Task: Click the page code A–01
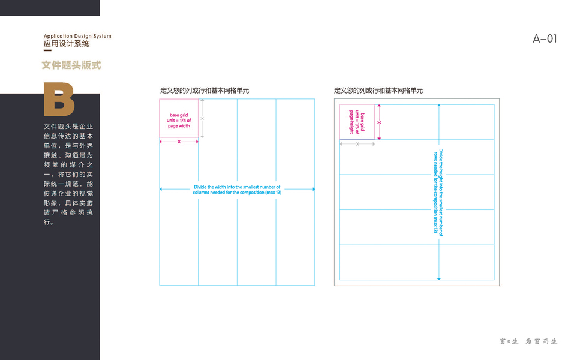coord(545,39)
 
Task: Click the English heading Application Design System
coord(77,36)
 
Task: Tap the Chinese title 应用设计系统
coord(67,44)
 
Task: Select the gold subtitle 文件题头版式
coord(71,65)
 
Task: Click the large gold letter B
coord(59,99)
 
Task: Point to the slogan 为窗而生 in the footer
coord(542,341)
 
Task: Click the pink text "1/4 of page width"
coord(179,123)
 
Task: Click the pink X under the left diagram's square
coord(179,142)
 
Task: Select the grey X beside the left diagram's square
coord(202,119)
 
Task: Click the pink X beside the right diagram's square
coord(378,122)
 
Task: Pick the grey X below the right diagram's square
coord(357,144)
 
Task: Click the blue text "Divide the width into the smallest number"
coord(237,187)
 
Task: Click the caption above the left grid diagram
coord(204,91)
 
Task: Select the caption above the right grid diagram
coord(378,91)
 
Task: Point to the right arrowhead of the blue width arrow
coord(313,189)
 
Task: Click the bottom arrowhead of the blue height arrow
coord(439,278)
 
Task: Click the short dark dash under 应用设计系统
coord(47,50)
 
